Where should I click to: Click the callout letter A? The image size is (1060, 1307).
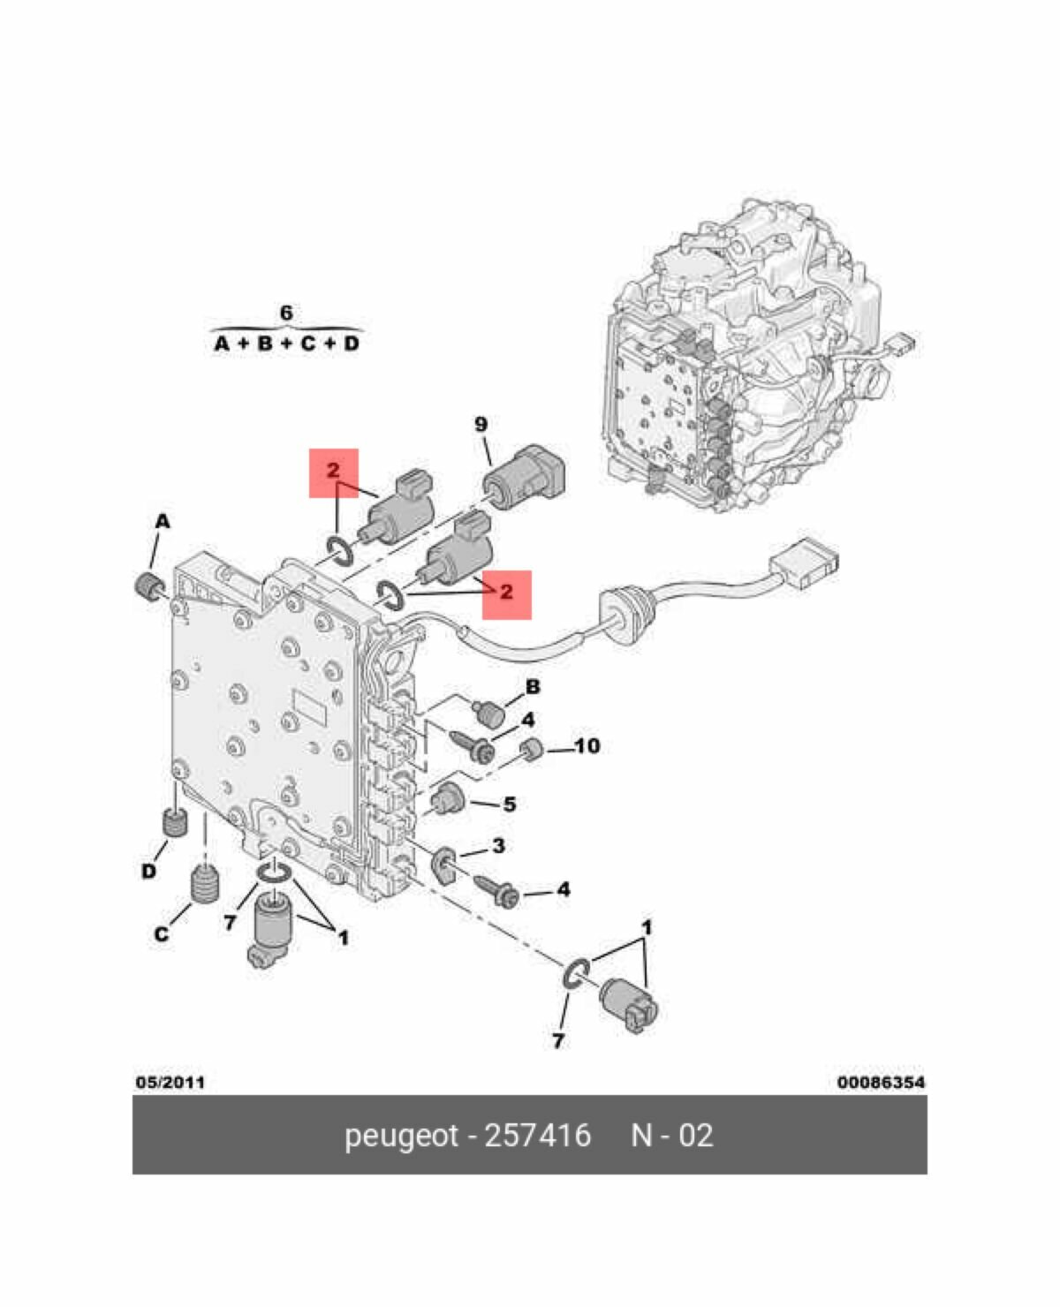(x=162, y=522)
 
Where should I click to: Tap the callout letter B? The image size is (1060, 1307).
(x=532, y=687)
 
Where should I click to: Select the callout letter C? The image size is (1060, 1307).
(x=162, y=934)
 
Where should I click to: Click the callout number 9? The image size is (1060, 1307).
(x=481, y=424)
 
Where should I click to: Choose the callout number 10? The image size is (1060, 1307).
(x=587, y=746)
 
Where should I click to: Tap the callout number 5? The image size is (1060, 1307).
(x=510, y=805)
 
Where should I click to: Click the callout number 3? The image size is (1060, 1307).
(x=499, y=845)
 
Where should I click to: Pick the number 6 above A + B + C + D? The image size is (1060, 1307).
(x=286, y=313)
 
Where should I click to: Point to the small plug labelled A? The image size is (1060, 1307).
(x=148, y=586)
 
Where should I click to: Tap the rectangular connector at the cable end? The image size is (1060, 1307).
(x=803, y=563)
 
